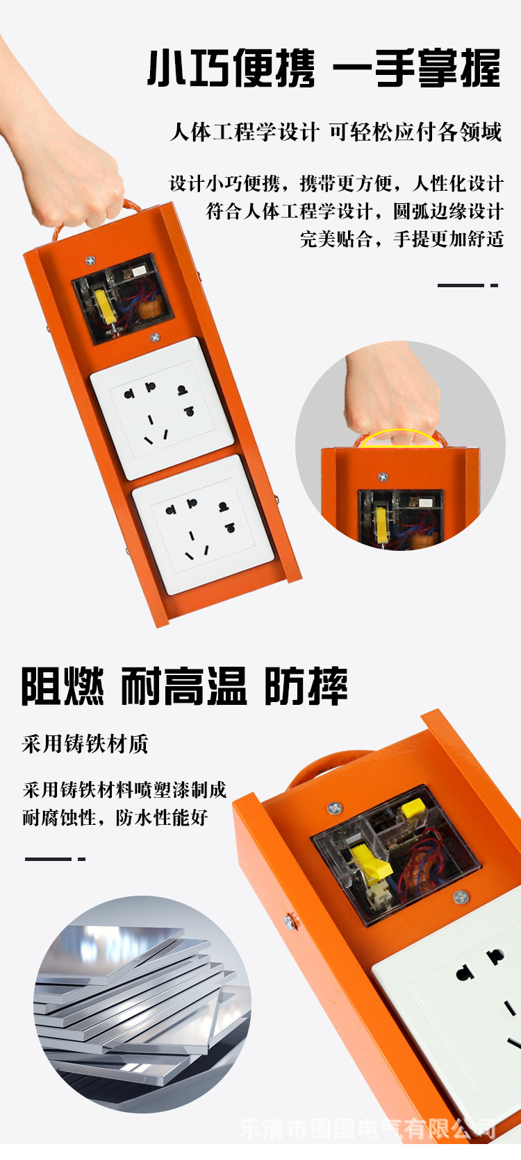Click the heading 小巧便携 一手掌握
click(324, 69)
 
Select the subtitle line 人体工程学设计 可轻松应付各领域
click(336, 131)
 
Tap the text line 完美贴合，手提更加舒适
click(402, 239)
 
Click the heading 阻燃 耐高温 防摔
click(184, 686)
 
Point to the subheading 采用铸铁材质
click(85, 744)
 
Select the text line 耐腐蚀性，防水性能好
click(115, 817)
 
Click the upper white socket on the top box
click(162, 408)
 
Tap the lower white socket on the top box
click(203, 524)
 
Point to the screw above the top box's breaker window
click(90, 261)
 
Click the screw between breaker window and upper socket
click(155, 338)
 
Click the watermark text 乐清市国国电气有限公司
click(367, 1128)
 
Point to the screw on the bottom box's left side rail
click(290, 921)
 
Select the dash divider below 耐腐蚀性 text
click(55, 859)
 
